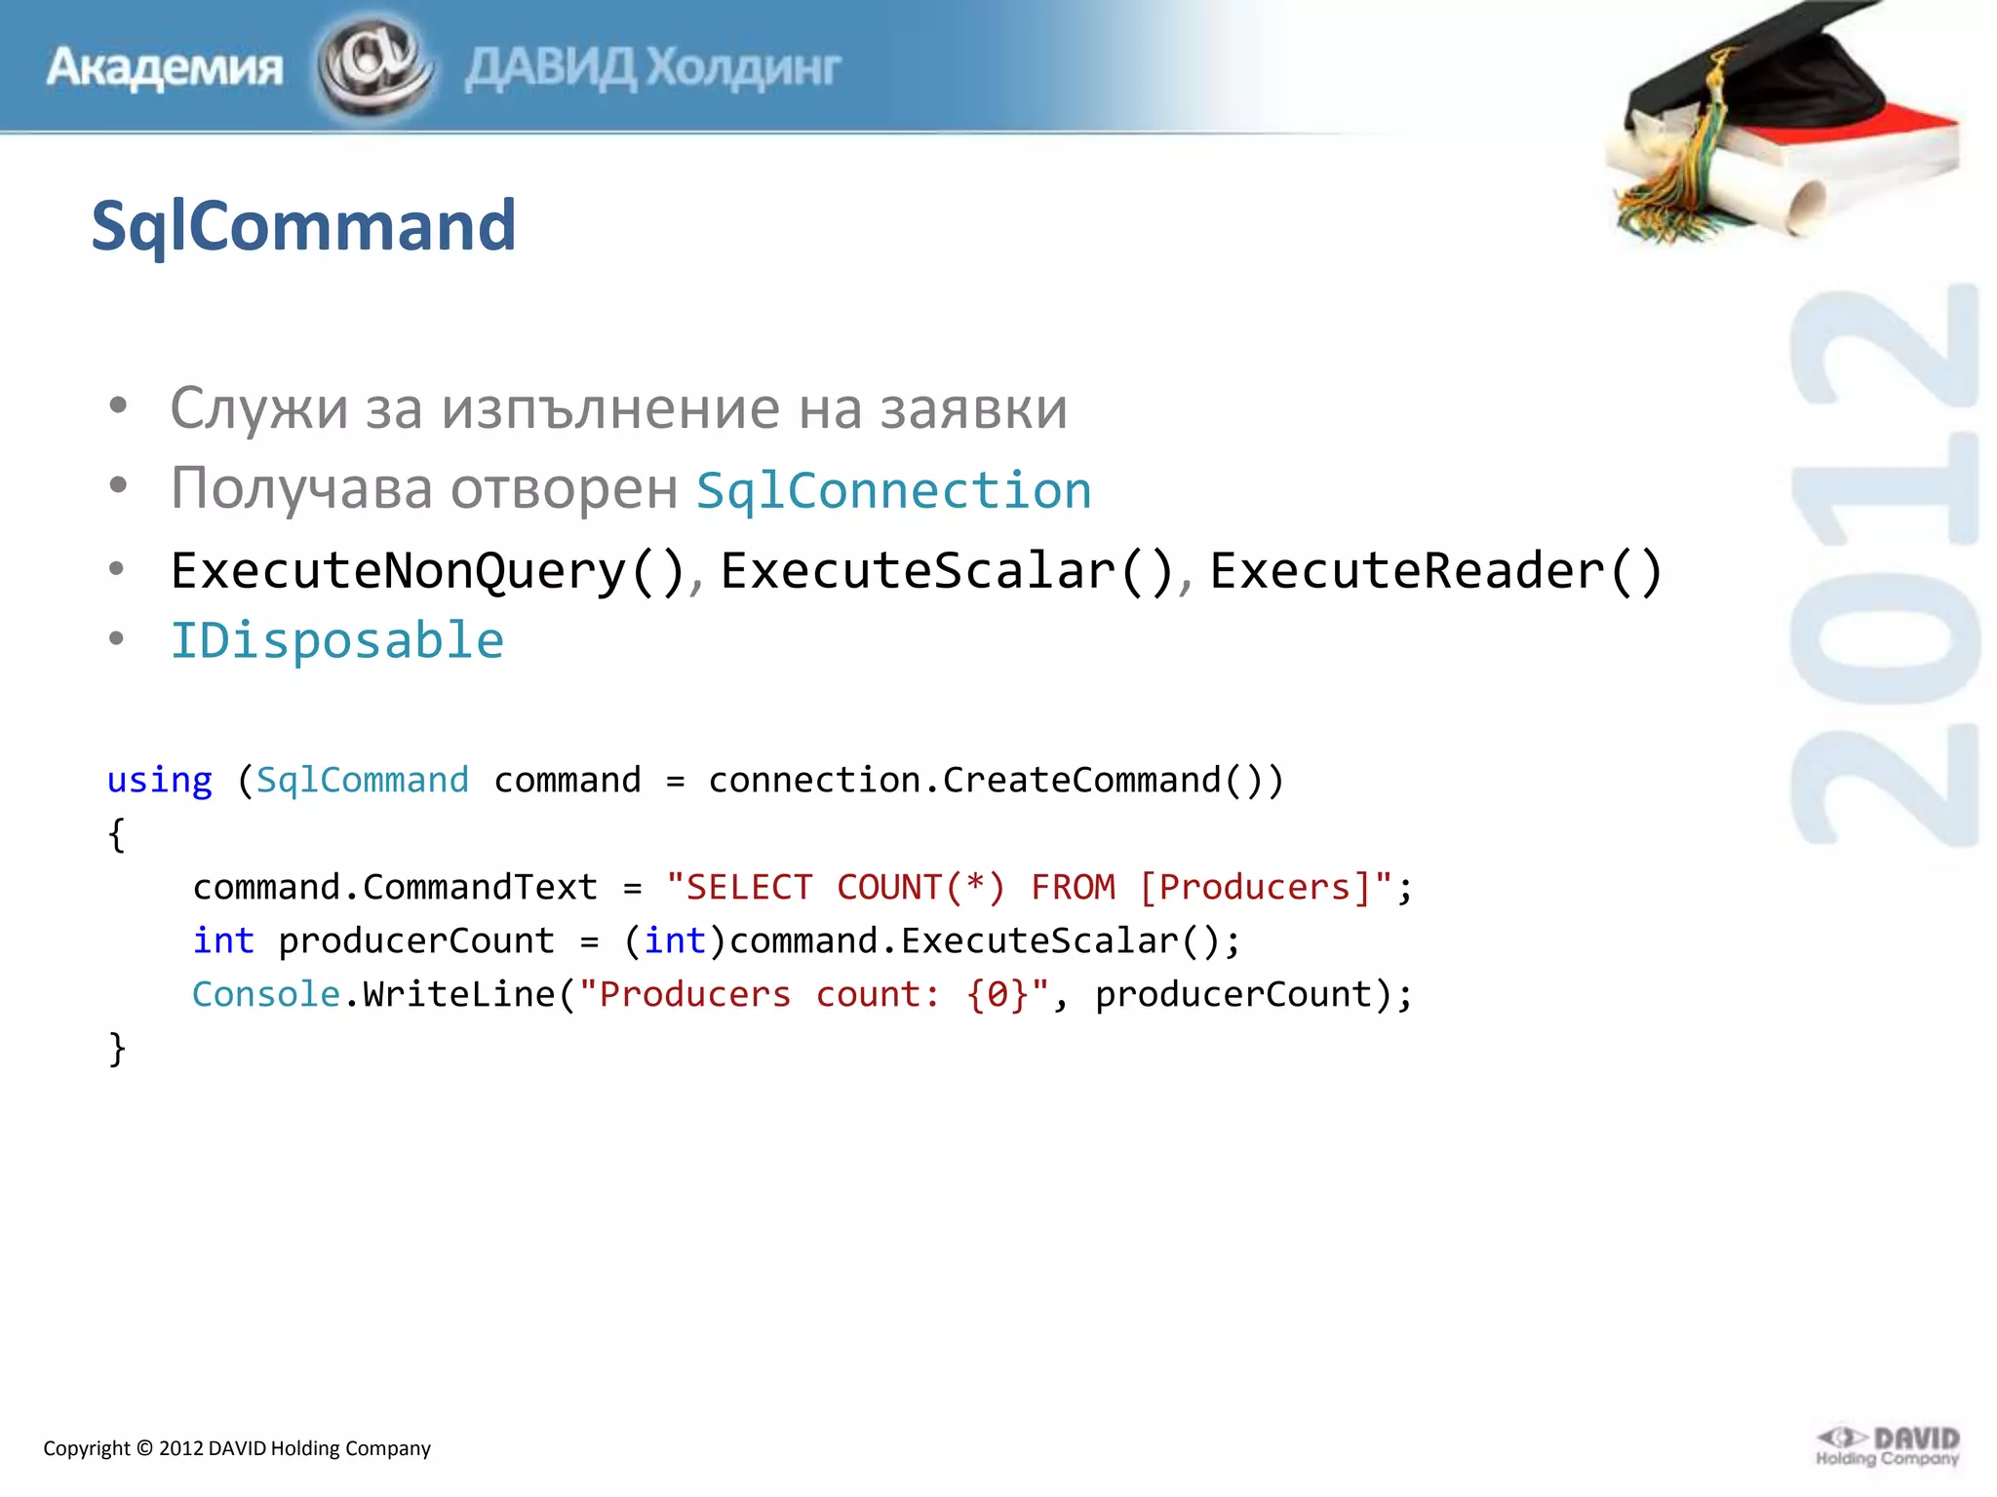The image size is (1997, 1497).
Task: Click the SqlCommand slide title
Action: [303, 226]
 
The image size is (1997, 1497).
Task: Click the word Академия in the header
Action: [164, 68]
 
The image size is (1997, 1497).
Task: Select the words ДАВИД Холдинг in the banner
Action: [652, 68]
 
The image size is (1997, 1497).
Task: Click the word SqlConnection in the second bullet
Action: [893, 490]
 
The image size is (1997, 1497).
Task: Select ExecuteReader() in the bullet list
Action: [1435, 571]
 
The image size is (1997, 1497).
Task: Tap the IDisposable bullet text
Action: [337, 641]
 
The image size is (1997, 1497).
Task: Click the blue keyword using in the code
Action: [159, 781]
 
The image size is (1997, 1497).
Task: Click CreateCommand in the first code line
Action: [1081, 781]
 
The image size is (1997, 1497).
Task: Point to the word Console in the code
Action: [265, 995]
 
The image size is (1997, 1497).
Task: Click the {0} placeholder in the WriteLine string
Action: [997, 995]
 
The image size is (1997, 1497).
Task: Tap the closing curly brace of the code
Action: [117, 1050]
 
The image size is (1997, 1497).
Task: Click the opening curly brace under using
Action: [117, 835]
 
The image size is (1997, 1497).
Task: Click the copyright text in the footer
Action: [237, 1448]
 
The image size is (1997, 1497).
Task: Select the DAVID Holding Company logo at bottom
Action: [1888, 1446]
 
